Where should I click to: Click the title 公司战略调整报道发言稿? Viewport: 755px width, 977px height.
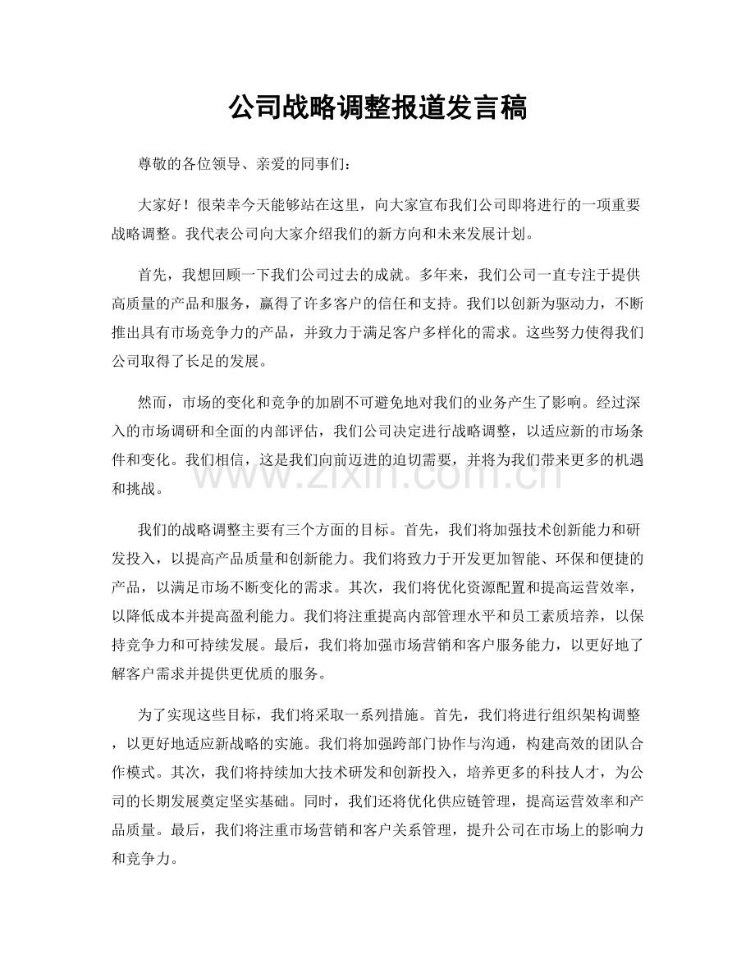tap(377, 107)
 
